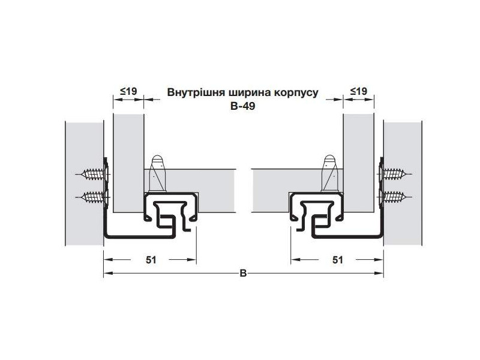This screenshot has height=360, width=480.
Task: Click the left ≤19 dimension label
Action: (x=128, y=92)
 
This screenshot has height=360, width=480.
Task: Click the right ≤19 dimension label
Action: (x=358, y=92)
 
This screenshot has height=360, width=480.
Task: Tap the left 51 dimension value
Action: (x=151, y=260)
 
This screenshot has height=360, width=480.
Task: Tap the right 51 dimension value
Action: (x=337, y=260)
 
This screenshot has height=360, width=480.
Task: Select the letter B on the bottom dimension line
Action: (x=243, y=274)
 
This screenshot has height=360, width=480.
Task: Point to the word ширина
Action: (x=252, y=93)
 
